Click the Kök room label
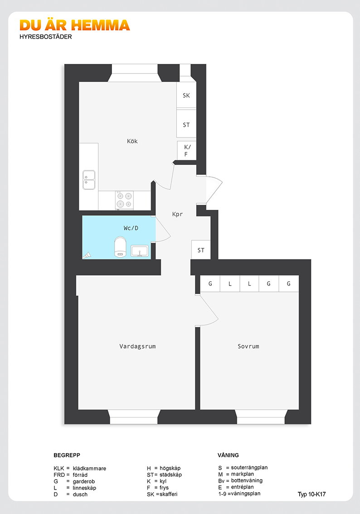[x=132, y=141]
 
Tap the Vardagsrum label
[x=137, y=346]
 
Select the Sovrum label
[x=248, y=346]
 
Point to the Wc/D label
[x=131, y=228]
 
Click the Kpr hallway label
[x=177, y=214]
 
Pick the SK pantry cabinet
[x=186, y=95]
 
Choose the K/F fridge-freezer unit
[x=186, y=150]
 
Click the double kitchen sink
[x=89, y=180]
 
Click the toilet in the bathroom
[x=120, y=247]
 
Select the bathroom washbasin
[x=140, y=251]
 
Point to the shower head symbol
[x=88, y=255]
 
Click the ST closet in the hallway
[x=201, y=250]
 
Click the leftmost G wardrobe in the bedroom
[x=210, y=284]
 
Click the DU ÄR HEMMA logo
[x=75, y=25]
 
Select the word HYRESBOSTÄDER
[x=46, y=37]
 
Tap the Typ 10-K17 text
[x=312, y=495]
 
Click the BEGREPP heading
[x=67, y=456]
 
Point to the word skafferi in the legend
[x=169, y=494]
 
